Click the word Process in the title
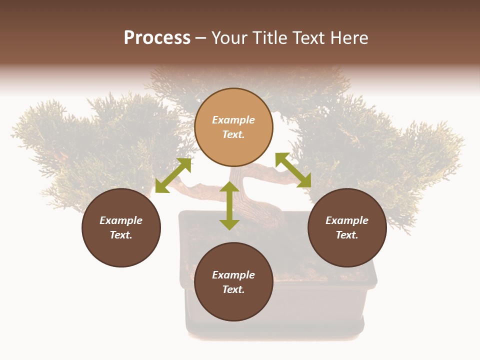157,38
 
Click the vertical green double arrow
229,205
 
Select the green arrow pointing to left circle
173,175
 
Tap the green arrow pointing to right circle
293,170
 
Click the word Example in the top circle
233,120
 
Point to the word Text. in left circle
121,235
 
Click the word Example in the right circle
347,220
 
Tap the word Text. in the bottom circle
233,289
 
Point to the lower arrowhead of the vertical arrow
229,224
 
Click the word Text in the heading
306,38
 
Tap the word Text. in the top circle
233,135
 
